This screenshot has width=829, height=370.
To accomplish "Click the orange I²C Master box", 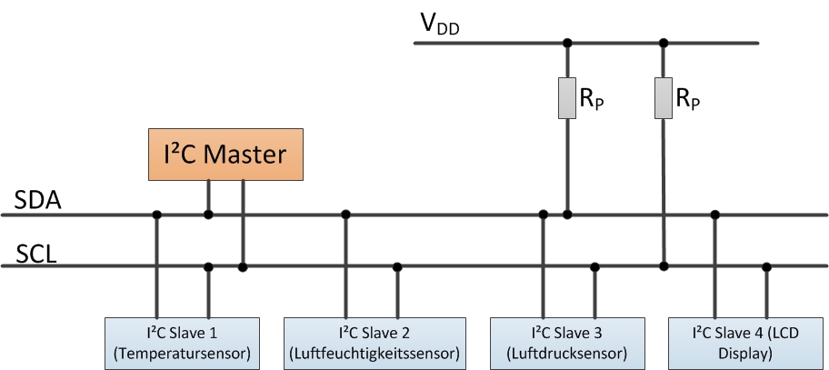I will (x=225, y=154).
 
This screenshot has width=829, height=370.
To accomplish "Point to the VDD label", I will (x=439, y=25).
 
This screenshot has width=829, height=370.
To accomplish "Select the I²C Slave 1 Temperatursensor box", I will (x=183, y=340).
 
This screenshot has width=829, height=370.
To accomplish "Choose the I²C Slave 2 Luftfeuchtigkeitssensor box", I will (x=375, y=340).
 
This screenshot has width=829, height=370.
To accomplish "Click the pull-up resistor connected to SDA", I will (x=567, y=98).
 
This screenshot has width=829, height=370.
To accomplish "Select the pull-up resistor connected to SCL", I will (x=664, y=98).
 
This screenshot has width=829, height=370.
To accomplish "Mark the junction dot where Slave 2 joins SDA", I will (x=345, y=215).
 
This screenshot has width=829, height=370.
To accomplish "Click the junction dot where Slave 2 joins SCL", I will (x=397, y=266).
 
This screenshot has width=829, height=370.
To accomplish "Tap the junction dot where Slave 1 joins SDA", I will (x=157, y=215).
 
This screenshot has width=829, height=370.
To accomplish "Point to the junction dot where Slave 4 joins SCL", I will (x=767, y=266).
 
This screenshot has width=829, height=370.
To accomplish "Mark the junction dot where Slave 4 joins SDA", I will (x=715, y=215).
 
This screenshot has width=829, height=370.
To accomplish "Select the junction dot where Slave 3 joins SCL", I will (x=594, y=266).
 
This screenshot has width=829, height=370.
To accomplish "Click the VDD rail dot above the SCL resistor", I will (x=664, y=42).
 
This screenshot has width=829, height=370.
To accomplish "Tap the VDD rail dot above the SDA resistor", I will (x=567, y=42).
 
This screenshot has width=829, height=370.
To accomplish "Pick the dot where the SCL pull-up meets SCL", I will (x=664, y=266).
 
